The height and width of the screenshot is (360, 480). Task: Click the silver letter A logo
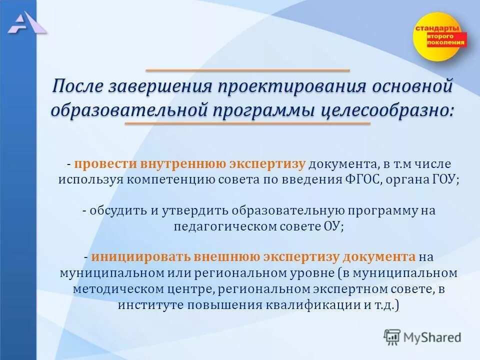(x=26, y=23)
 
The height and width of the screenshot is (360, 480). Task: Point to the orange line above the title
(x=247, y=70)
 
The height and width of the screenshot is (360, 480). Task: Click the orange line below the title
(x=247, y=123)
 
